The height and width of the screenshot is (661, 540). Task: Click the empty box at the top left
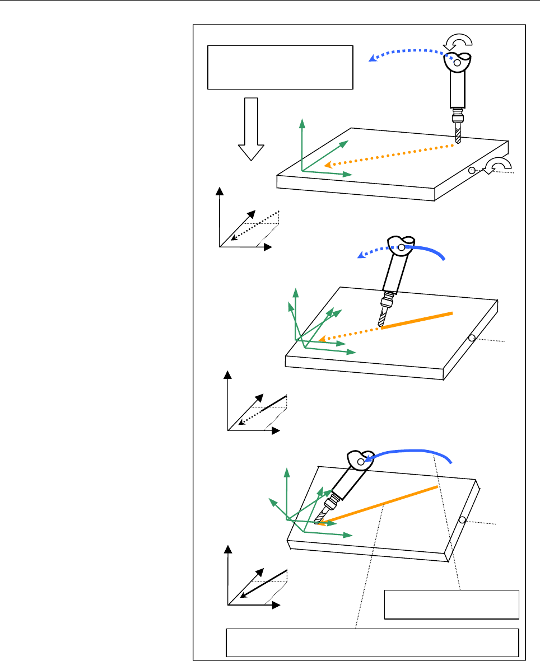coord(280,68)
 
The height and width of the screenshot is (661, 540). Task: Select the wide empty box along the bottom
coord(372,642)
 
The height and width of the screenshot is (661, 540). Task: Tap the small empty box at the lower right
coord(451,604)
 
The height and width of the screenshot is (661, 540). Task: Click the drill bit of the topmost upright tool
coord(458,135)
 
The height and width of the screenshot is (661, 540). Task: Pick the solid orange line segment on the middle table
coord(417,320)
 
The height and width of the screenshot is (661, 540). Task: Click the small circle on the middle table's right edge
coord(472,338)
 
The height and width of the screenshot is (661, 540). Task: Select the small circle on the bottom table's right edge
coord(462,520)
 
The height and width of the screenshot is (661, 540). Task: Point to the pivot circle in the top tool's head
coord(457,64)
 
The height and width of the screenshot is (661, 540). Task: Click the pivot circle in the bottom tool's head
coord(361,462)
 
